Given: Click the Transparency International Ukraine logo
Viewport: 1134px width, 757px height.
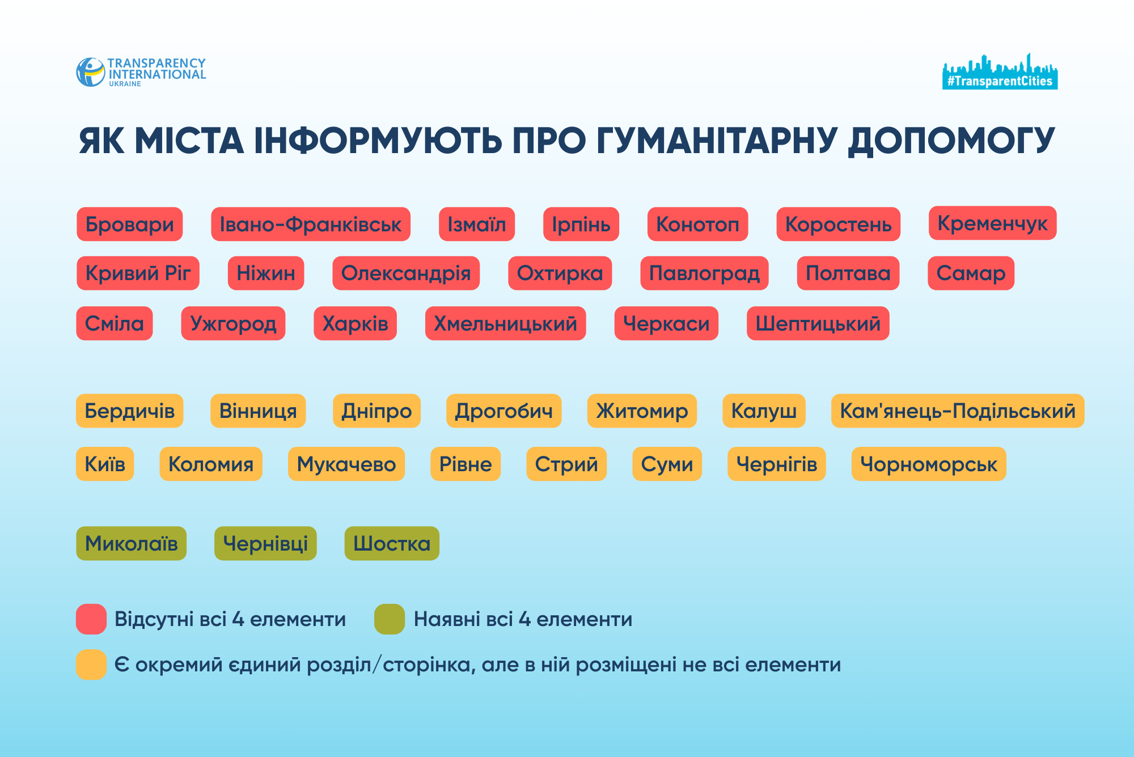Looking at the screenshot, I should [141, 72].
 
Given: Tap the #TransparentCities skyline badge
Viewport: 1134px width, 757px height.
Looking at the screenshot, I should [1000, 73].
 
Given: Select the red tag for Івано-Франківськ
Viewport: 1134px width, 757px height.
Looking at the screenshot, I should [311, 225].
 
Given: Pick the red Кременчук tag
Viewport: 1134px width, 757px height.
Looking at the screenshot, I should [992, 223].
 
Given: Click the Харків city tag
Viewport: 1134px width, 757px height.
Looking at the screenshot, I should [355, 324].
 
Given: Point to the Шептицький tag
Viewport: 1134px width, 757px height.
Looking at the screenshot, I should [818, 324].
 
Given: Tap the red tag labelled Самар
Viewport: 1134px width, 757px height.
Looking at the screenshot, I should [971, 273].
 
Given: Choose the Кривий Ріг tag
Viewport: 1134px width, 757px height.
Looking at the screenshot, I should [138, 273].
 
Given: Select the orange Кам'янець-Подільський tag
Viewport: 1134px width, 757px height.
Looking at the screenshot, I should [957, 411].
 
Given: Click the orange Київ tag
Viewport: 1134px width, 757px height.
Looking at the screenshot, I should [105, 464].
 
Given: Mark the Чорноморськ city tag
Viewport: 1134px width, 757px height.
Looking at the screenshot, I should [928, 464].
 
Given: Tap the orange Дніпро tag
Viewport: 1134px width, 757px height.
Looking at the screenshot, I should [376, 411].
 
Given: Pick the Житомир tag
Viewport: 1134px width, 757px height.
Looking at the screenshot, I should [642, 411].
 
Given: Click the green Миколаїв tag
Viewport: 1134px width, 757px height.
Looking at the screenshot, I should [131, 544].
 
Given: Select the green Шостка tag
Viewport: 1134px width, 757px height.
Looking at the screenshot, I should [392, 544].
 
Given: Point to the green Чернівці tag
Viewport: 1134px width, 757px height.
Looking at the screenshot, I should [265, 544].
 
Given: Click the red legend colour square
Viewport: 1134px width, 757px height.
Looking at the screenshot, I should [91, 619].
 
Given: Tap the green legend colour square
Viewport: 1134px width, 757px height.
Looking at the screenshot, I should [390, 619].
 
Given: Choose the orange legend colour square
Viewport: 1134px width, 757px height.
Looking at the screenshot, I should [91, 665].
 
